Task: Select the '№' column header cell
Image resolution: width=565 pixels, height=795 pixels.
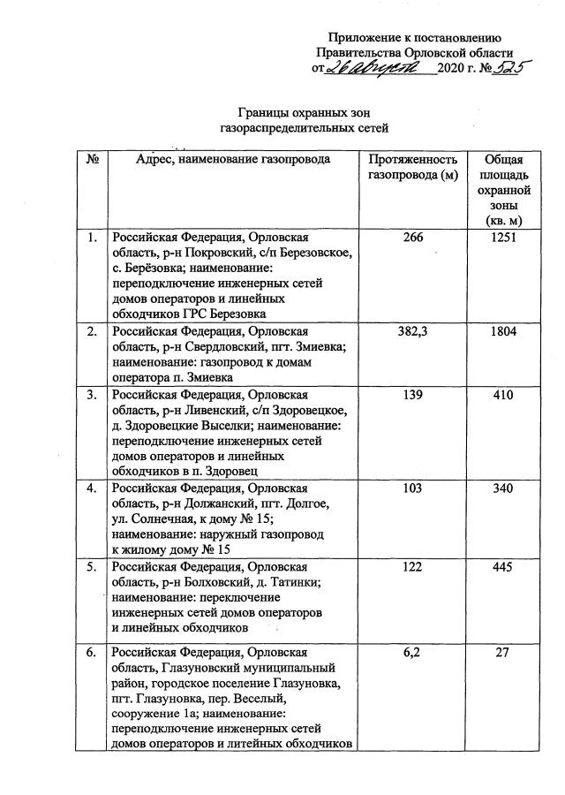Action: pyautogui.click(x=92, y=160)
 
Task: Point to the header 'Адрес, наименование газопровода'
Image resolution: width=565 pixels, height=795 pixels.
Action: pyautogui.click(x=233, y=160)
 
